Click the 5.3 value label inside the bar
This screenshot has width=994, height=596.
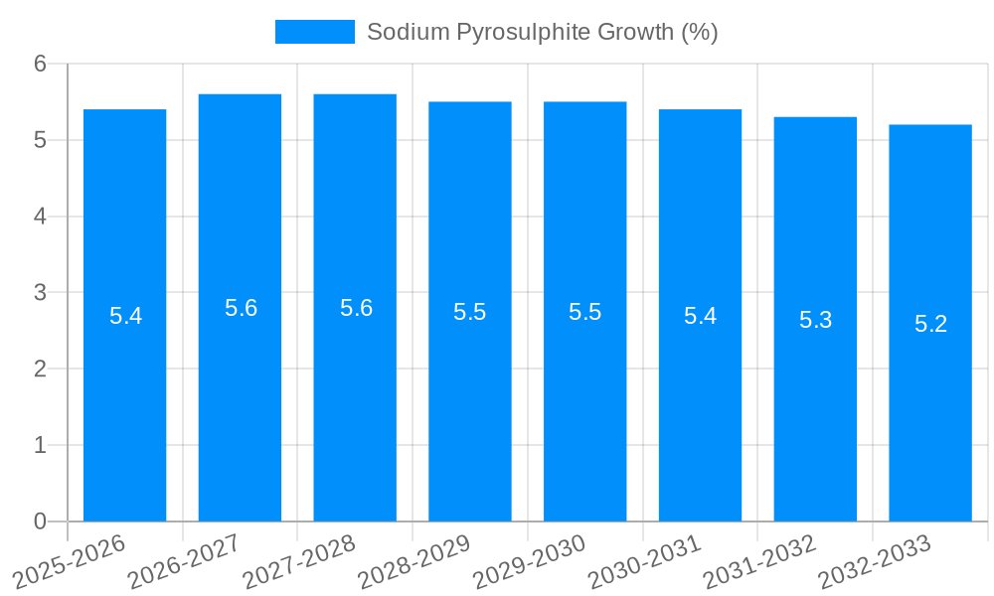click(x=815, y=320)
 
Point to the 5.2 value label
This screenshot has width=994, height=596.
click(x=930, y=324)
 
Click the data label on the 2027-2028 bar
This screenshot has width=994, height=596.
click(x=356, y=308)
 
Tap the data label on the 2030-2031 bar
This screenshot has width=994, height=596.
click(x=700, y=316)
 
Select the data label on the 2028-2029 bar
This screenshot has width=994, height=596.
click(x=469, y=312)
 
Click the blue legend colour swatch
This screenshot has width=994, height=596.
click(x=314, y=32)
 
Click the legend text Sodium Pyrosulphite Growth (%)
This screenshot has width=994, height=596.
click(x=542, y=32)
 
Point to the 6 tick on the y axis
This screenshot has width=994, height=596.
click(x=40, y=64)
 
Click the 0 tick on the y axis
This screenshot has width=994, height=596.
click(x=40, y=521)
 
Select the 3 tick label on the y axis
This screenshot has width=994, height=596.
click(x=40, y=293)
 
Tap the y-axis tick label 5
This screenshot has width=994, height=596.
click(x=40, y=140)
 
